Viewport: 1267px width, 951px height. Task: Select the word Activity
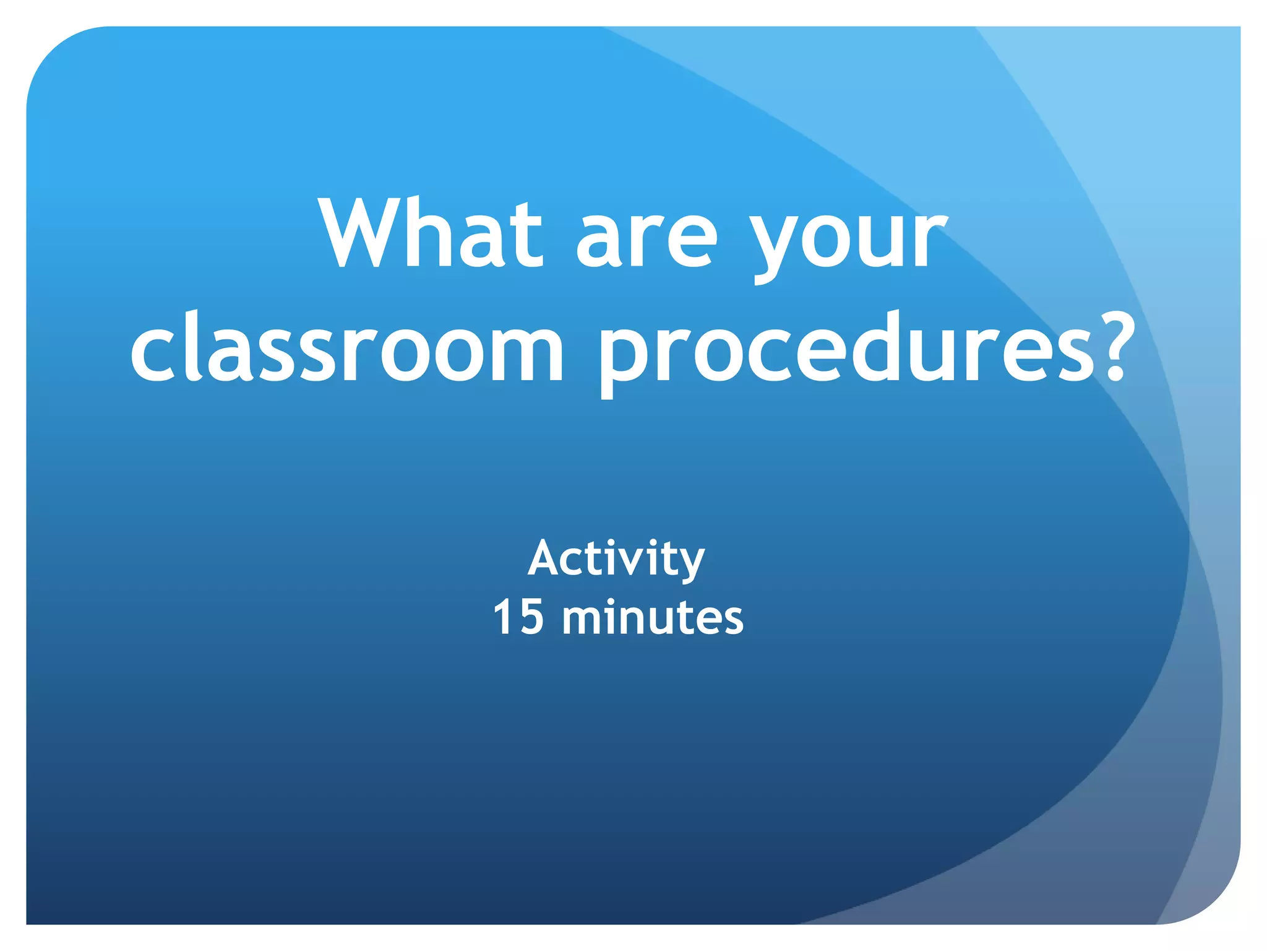616,559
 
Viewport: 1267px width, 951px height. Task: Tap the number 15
518,617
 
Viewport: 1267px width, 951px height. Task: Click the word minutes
653,617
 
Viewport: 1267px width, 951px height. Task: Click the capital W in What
363,233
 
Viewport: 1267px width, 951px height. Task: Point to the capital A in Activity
544,558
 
